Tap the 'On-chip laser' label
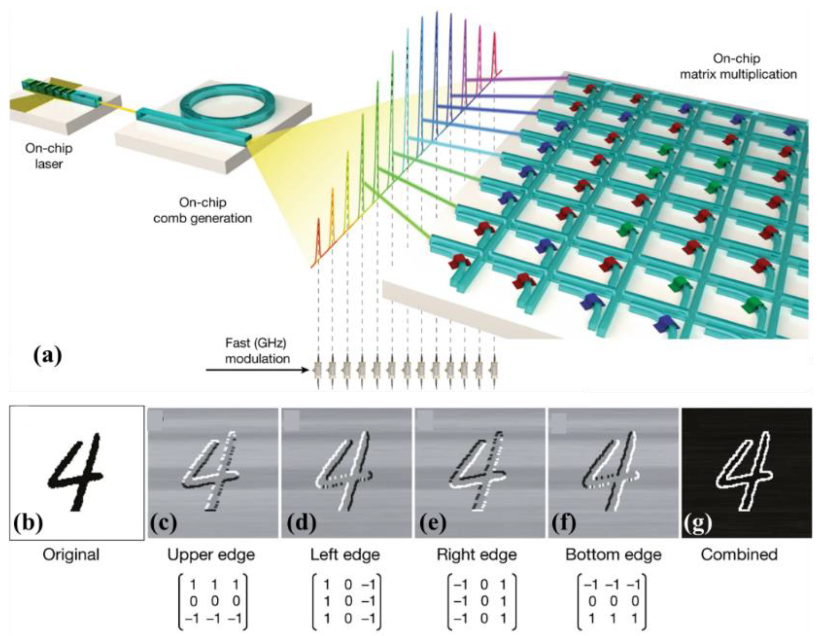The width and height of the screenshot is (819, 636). [49, 156]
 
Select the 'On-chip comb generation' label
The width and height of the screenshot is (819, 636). [203, 211]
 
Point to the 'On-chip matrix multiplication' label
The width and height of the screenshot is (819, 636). [738, 66]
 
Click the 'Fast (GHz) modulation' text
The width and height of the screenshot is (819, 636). [257, 351]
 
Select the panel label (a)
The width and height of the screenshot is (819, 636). [48, 355]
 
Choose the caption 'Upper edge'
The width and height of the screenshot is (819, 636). [211, 554]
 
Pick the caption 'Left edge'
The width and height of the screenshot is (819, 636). [345, 554]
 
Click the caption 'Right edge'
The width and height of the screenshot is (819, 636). [477, 554]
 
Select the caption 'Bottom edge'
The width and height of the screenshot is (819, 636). [614, 554]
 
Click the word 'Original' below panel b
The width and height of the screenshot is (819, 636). [71, 554]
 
